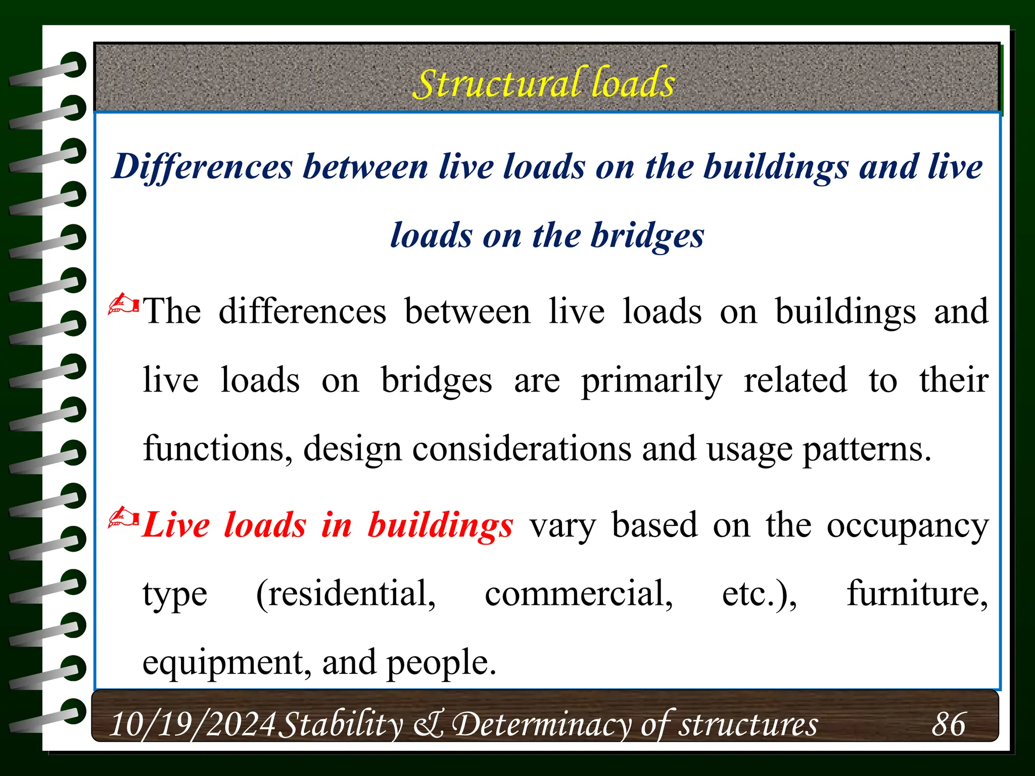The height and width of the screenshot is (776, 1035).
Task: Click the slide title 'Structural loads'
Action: click(x=544, y=83)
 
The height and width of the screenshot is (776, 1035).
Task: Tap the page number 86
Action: click(x=949, y=724)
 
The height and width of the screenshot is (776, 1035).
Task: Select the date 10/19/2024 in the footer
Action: click(x=192, y=724)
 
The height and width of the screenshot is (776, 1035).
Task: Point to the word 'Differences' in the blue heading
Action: click(x=203, y=166)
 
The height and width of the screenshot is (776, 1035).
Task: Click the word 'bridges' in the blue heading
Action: click(x=647, y=236)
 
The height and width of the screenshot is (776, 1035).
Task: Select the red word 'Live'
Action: click(x=176, y=525)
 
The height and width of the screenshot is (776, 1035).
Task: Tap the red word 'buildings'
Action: click(x=440, y=526)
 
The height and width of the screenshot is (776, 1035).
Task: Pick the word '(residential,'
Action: click(x=346, y=594)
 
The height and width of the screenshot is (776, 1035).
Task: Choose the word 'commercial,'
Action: click(x=579, y=594)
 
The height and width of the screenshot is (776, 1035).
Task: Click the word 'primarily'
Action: click(x=651, y=381)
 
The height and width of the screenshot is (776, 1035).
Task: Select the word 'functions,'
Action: click(x=218, y=449)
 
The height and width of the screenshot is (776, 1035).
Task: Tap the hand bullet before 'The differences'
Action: click(x=123, y=305)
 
